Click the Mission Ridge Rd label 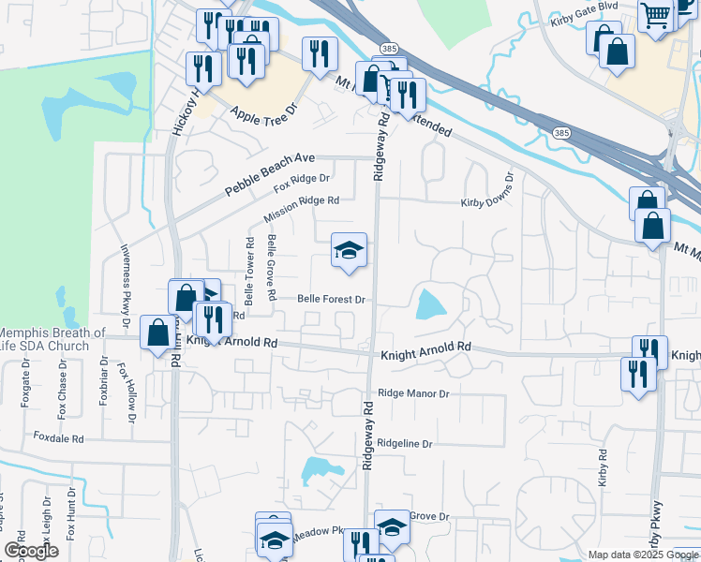301,208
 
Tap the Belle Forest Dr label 331,300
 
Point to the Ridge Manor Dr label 414,394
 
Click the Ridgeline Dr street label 405,444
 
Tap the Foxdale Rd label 58,437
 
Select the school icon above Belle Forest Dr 349,250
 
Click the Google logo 32,551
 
